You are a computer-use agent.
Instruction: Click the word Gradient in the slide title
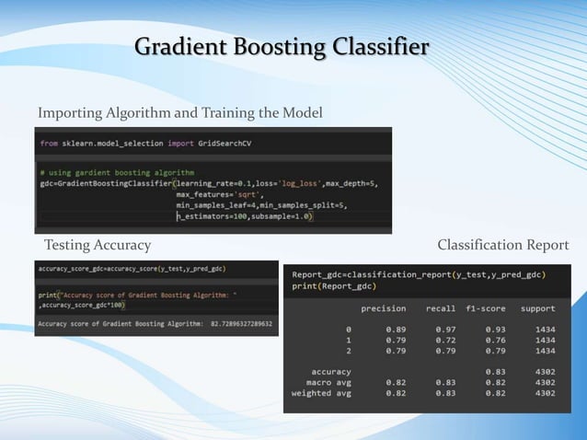180,46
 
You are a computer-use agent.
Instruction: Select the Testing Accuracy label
98,245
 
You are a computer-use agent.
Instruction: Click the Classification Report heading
503,245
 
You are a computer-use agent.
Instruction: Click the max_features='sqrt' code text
220,194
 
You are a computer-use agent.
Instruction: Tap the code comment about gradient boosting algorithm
117,172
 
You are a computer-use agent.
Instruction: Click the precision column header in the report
384,308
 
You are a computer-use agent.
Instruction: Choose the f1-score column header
487,308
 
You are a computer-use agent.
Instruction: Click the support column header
537,308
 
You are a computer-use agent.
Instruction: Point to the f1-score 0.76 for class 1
496,339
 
